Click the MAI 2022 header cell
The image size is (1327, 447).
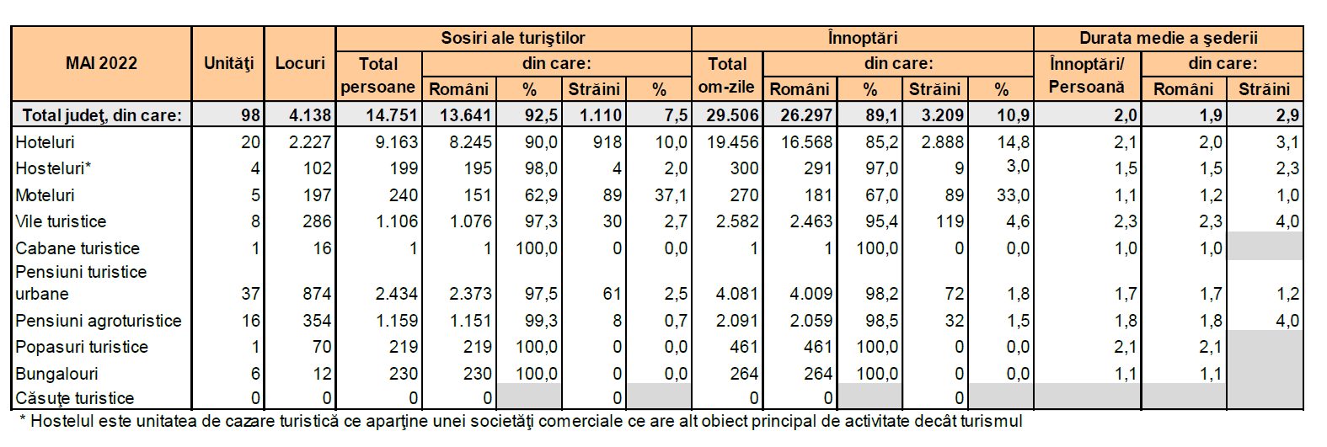coord(101,63)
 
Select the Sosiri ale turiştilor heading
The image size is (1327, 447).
coord(512,38)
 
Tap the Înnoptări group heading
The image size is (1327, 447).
coord(862,38)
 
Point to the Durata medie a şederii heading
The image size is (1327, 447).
coord(1168,38)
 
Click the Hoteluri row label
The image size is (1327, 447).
coord(45,142)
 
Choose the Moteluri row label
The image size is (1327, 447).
coord(45,195)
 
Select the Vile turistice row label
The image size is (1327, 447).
coord(61,221)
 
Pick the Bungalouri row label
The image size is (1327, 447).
coord(56,374)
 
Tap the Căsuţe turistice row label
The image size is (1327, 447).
coord(75,398)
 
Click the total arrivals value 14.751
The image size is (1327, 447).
coord(391,115)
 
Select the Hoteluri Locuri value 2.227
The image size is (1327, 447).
coord(310,142)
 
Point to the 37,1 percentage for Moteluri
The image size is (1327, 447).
coord(671,195)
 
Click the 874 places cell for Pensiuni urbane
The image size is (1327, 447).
coord(317,294)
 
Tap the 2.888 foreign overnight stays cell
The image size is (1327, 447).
coord(942,142)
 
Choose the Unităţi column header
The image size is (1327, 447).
coord(228,63)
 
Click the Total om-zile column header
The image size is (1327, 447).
coord(726,75)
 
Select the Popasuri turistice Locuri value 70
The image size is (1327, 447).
coord(322,347)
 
